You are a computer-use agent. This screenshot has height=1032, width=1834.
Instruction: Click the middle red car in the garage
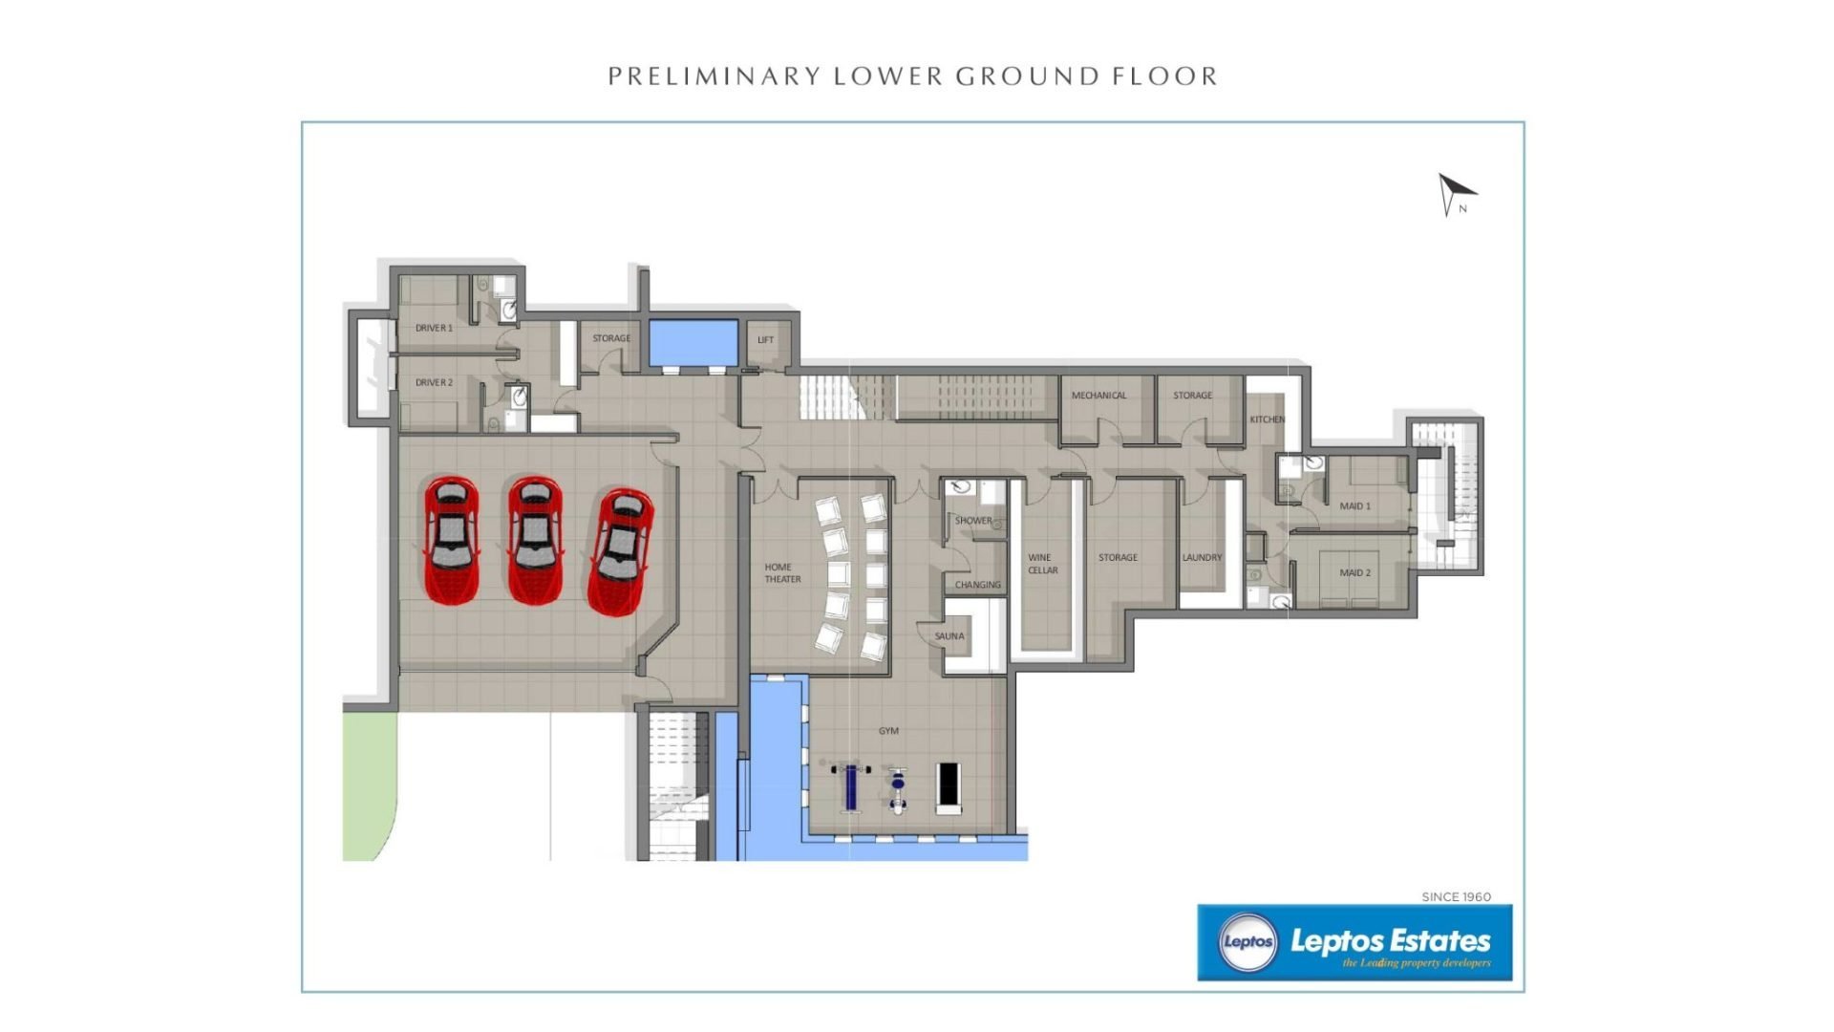coord(534,540)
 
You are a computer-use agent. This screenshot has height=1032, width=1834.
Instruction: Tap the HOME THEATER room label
coord(782,573)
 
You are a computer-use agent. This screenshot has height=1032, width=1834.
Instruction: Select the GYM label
coord(888,731)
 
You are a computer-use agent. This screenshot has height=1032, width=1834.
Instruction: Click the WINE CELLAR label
coord(1042,564)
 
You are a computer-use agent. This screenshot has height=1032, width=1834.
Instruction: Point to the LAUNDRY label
coord(1202,558)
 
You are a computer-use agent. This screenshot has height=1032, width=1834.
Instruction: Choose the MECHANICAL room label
coord(1098,396)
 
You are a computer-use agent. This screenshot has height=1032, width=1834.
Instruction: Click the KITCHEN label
coord(1268,419)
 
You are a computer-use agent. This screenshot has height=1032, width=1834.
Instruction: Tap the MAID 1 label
coord(1354,506)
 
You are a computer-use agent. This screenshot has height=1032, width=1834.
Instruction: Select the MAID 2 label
coord(1354,573)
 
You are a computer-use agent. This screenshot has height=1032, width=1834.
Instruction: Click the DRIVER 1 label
coord(434,328)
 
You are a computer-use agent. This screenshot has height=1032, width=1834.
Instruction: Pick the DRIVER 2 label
coord(434,382)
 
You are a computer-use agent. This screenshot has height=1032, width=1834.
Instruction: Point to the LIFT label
coord(765,340)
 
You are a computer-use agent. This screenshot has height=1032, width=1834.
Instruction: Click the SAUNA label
coord(949,636)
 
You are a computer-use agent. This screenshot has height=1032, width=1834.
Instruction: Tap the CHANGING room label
coord(978,585)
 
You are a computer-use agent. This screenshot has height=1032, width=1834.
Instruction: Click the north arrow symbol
coord(1454,192)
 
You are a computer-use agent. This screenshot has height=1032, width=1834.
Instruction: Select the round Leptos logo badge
coord(1248,942)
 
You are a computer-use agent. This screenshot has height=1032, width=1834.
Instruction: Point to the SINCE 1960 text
coord(1456,896)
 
